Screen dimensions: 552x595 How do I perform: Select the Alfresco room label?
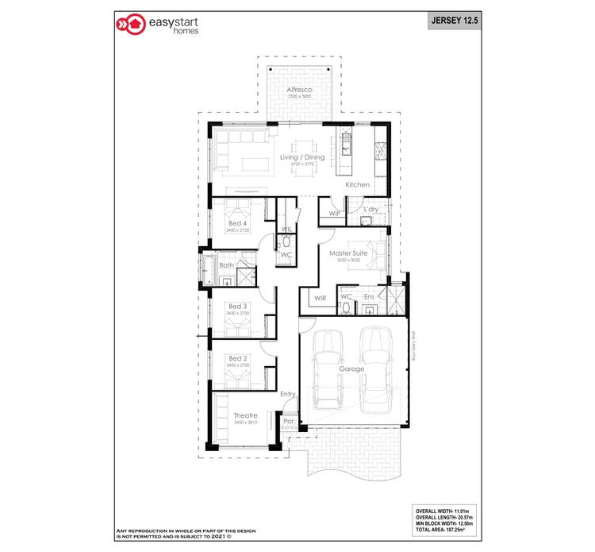299,90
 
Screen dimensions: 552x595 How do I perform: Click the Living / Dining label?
302,157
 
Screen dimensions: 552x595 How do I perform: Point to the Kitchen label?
357,185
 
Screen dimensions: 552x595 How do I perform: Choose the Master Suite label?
350,253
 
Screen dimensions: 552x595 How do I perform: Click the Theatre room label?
244,415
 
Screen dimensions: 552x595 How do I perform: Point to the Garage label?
351,369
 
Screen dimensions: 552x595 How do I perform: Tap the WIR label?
321,299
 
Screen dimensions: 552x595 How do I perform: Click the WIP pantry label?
334,213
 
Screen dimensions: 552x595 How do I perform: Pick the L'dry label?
370,210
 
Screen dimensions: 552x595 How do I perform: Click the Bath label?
227,265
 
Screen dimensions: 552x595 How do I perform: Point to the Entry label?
287,394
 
